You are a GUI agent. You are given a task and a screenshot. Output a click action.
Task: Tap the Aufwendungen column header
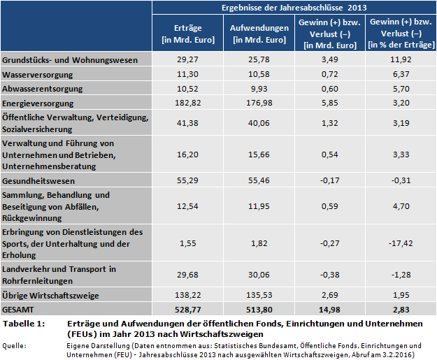coord(259,34)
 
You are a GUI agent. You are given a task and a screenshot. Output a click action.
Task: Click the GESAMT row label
coord(19,308)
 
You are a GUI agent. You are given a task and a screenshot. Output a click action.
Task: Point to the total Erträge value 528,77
coord(187,308)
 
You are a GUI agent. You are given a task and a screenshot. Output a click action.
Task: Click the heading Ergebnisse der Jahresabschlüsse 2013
coord(294,8)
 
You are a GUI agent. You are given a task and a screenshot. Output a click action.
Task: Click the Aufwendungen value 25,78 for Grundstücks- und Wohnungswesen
coord(259,59)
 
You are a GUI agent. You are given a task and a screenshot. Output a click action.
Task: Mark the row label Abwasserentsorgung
coord(43,89)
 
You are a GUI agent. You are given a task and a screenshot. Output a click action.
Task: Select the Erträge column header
coord(187,34)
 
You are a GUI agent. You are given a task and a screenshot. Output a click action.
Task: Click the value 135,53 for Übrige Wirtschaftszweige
coord(259,294)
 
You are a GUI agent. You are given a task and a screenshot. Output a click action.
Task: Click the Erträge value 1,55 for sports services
coord(187,243)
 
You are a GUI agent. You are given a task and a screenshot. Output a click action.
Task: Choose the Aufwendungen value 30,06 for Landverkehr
coord(259,275)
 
